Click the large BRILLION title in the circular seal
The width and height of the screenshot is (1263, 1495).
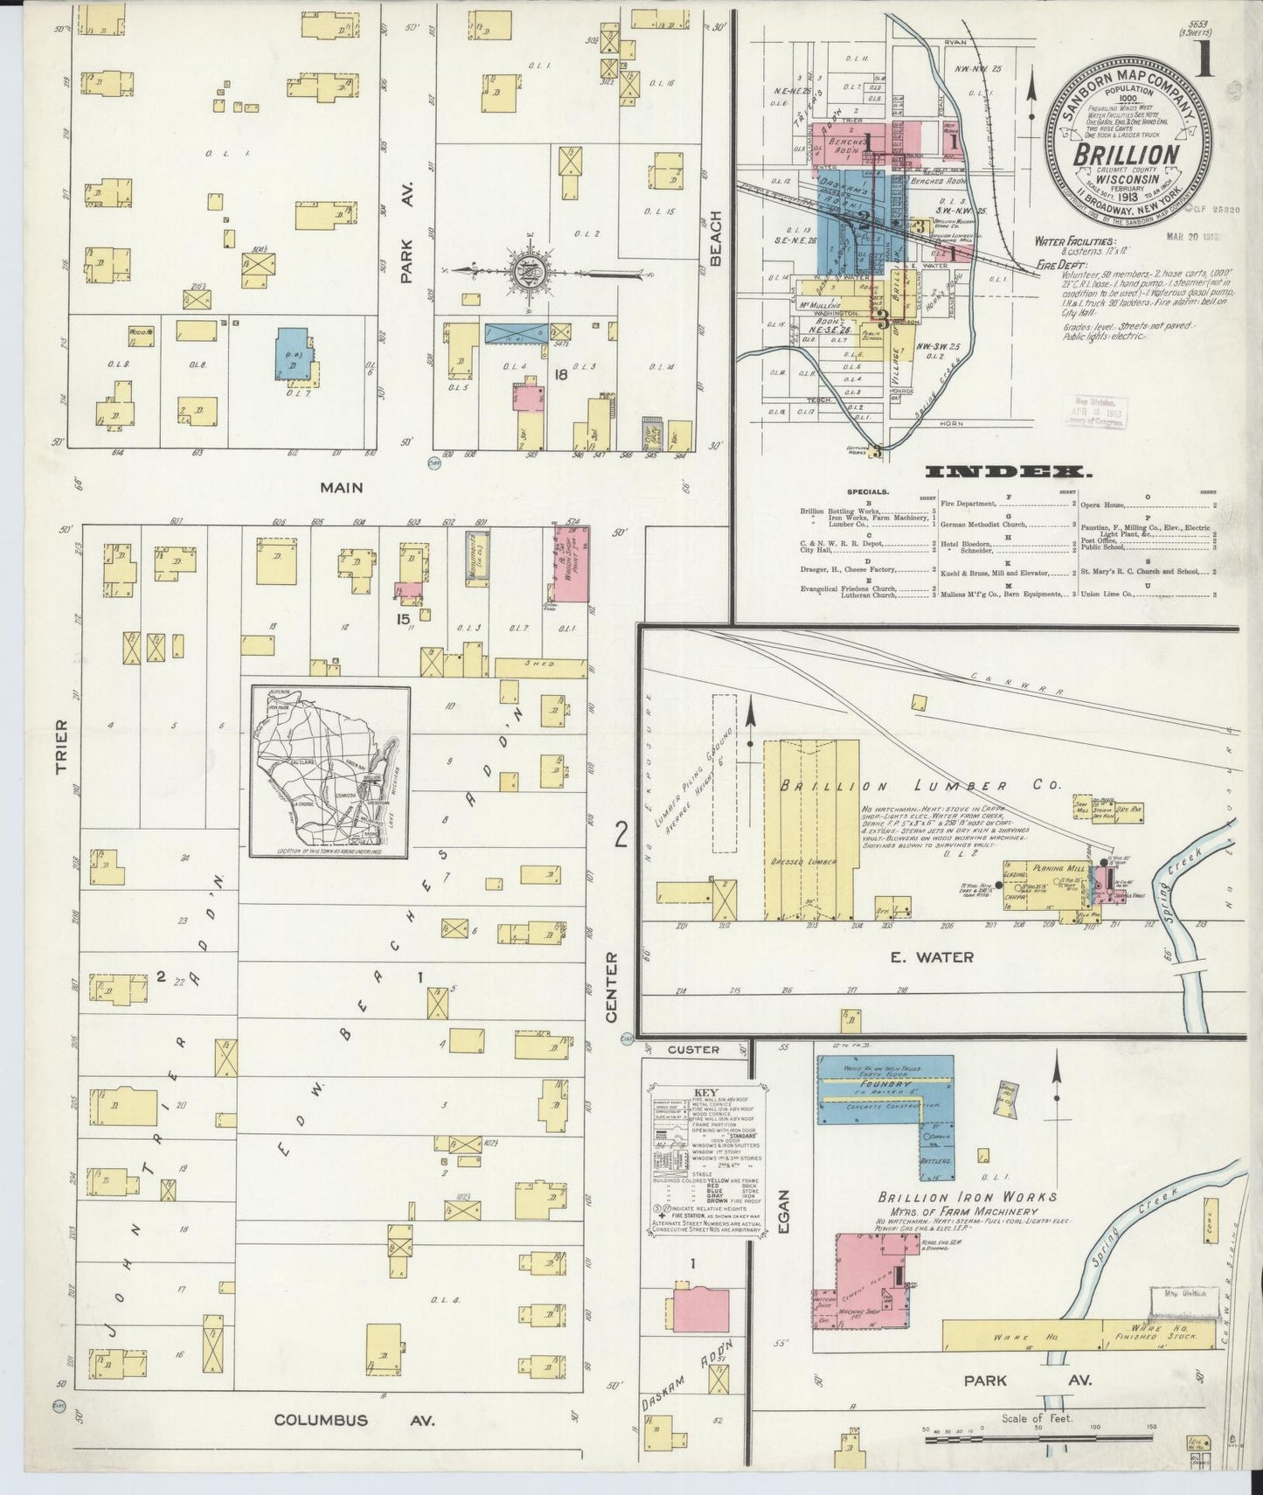click(1122, 156)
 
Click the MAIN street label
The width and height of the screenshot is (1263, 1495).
click(340, 488)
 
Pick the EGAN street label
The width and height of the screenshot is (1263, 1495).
click(783, 1215)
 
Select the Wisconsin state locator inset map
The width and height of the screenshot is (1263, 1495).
click(330, 772)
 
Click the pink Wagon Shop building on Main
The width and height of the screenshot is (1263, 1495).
click(572, 564)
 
